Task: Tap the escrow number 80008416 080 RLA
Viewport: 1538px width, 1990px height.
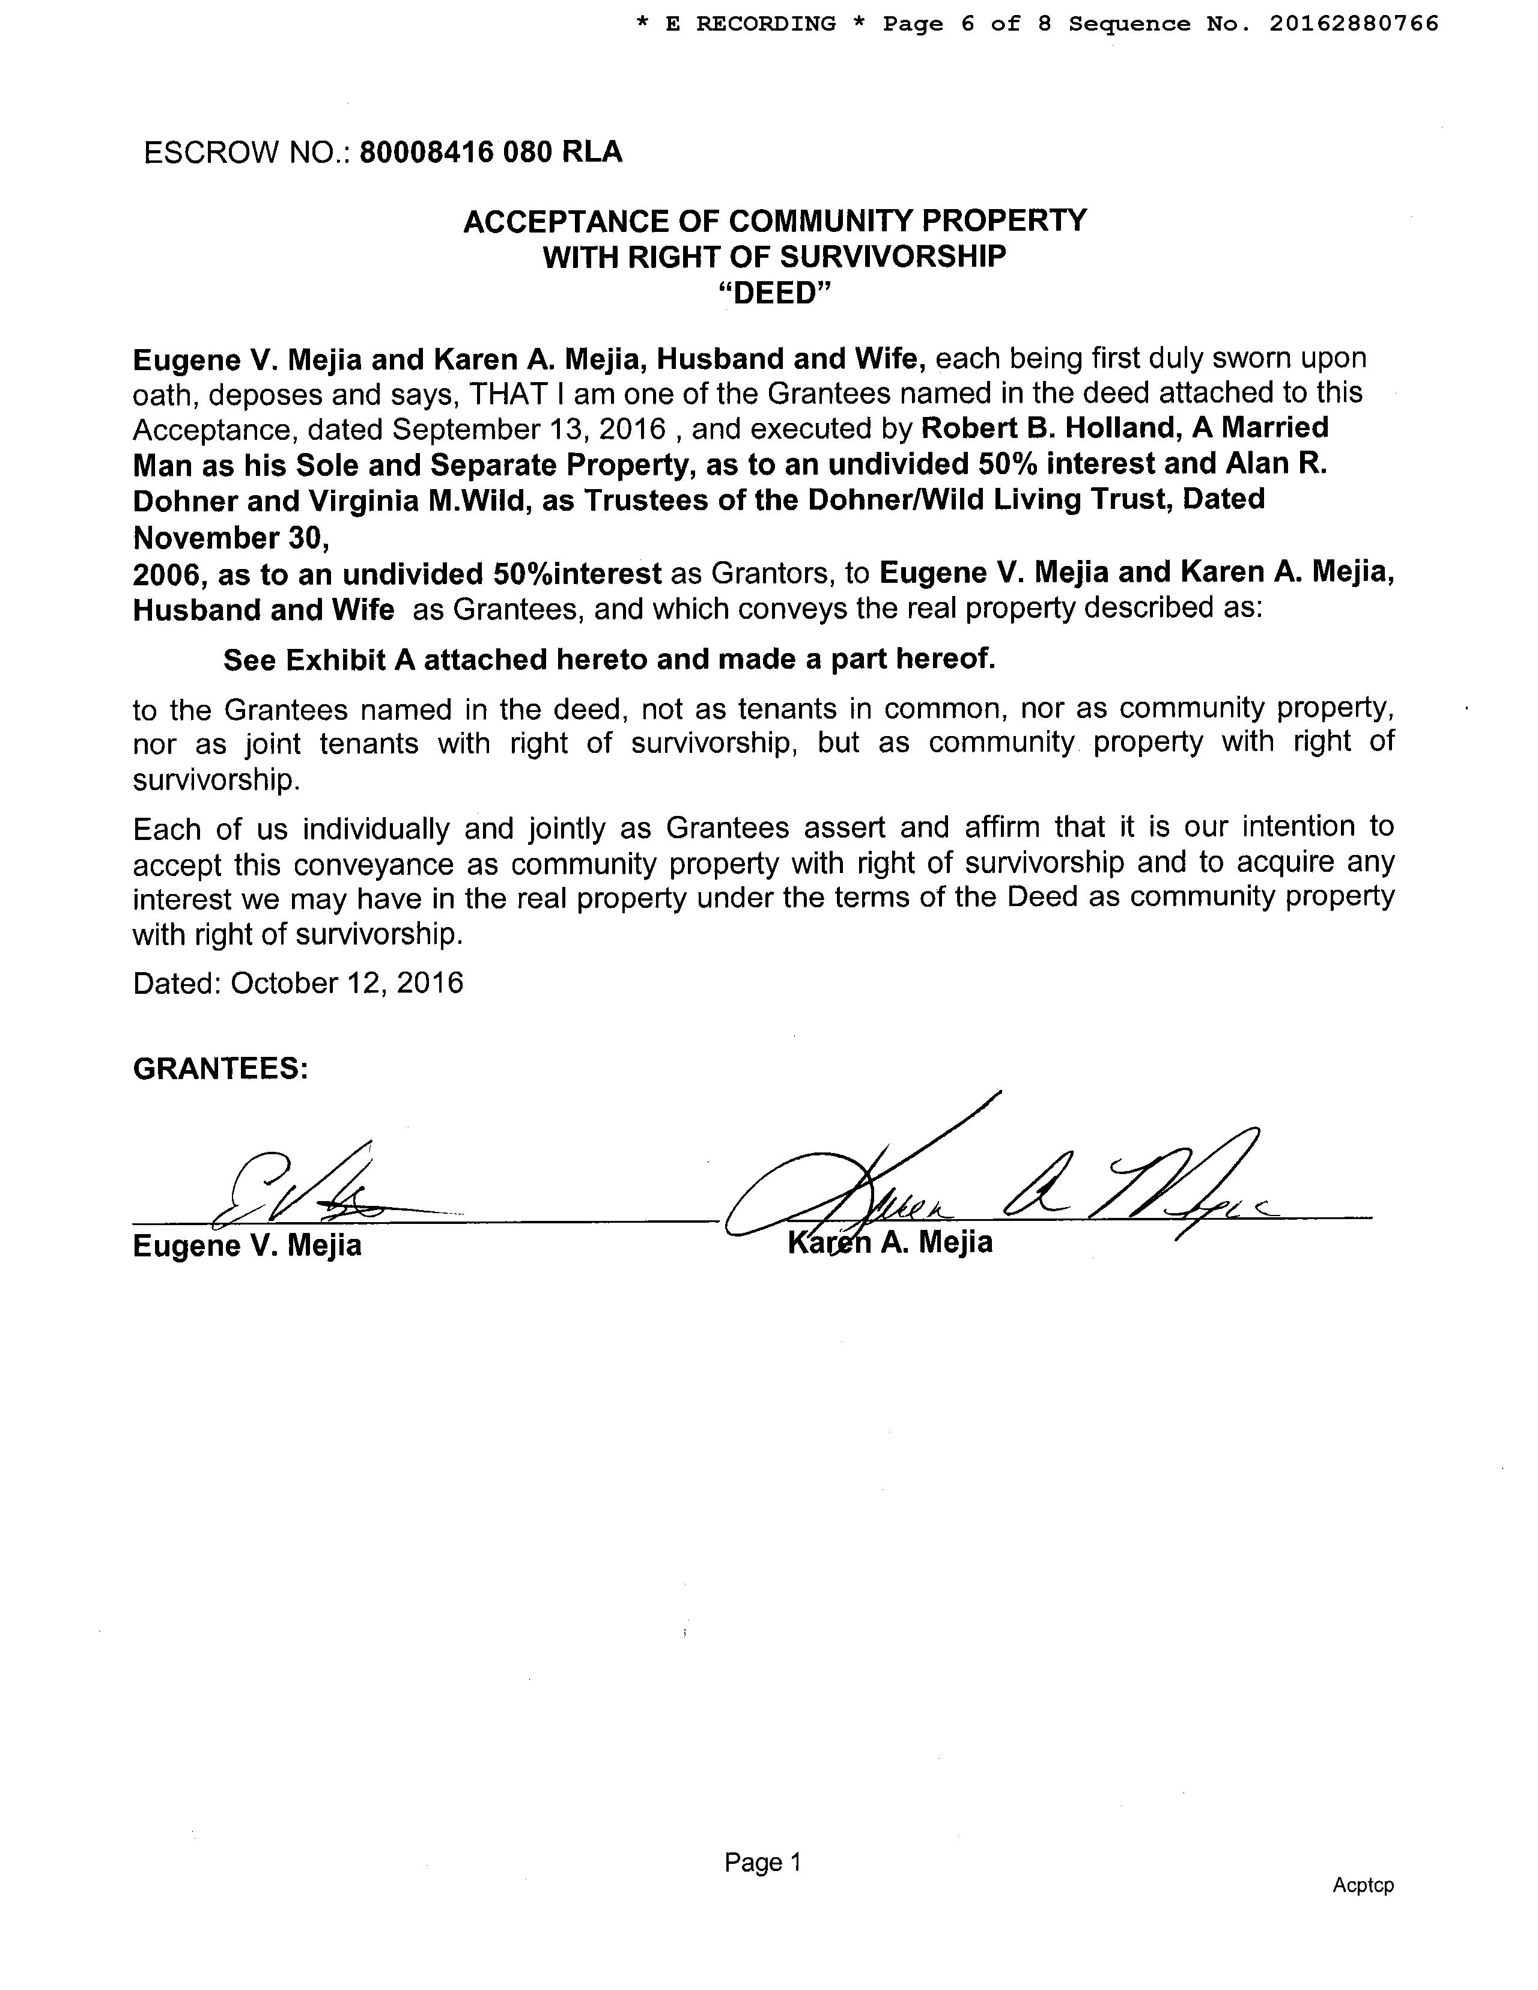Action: [491, 151]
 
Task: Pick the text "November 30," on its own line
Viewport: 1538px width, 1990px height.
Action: [231, 538]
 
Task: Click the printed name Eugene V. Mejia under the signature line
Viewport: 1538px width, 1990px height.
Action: [247, 1245]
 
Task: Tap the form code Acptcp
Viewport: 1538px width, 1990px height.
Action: [1362, 1884]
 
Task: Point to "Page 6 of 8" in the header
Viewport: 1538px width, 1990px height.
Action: [967, 23]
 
